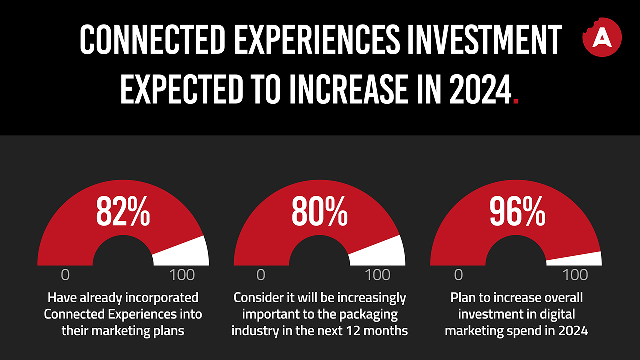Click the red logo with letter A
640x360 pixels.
coord(602,37)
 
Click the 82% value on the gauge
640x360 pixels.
coord(123,213)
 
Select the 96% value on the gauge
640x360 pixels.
coord(517,213)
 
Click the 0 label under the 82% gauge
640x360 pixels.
coord(65,275)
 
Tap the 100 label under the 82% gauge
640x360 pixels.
coord(182,275)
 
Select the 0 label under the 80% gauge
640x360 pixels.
coord(261,275)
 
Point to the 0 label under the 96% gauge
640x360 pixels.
coord(458,275)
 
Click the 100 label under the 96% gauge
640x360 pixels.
coord(575,275)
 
